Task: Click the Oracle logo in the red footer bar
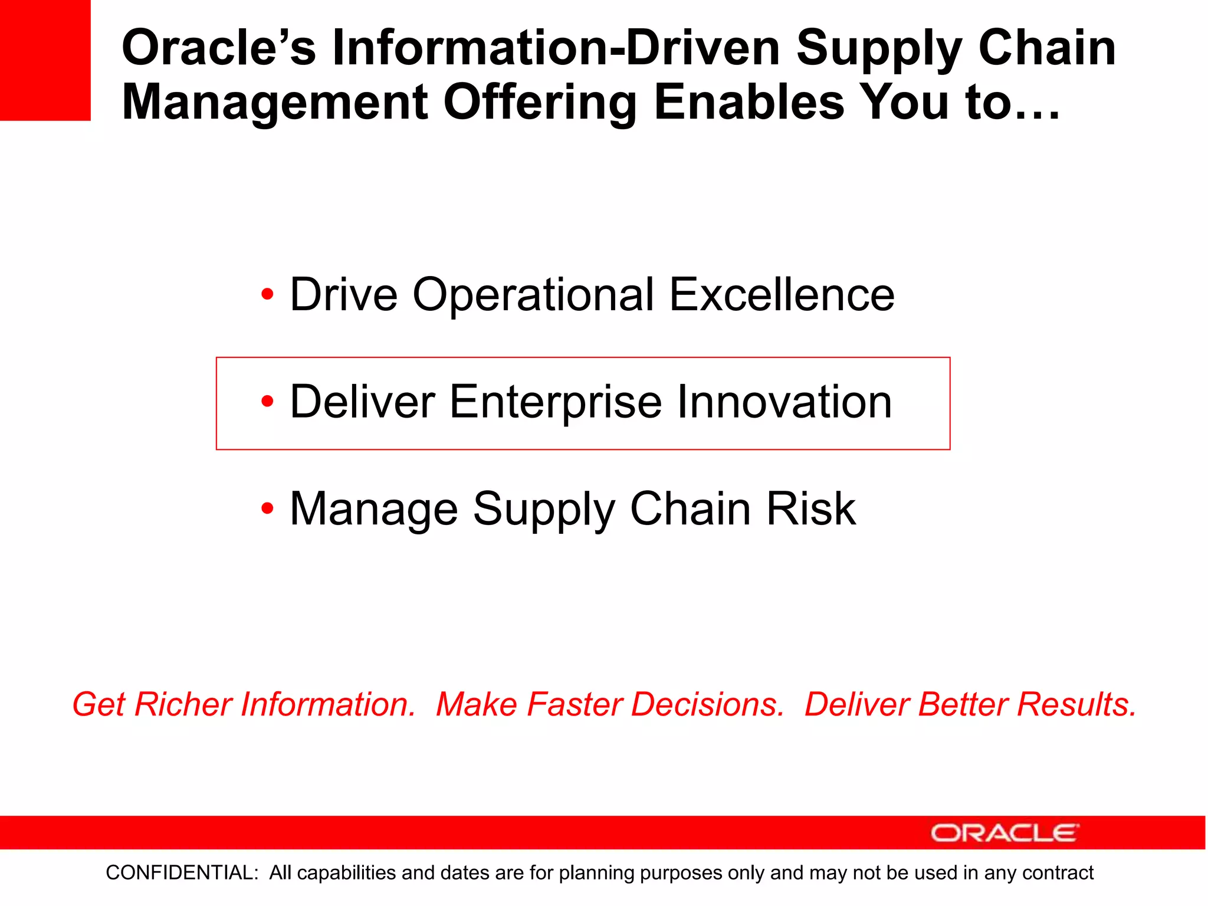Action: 1005,833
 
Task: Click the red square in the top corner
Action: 45,60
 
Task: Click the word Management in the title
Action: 275,102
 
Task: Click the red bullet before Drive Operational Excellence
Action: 268,294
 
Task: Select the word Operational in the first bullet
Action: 533,295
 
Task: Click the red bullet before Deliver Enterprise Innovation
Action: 268,402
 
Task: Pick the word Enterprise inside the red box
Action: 556,403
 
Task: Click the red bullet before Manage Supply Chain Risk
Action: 268,508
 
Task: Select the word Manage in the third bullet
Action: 374,510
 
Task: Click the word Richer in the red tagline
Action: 183,704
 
